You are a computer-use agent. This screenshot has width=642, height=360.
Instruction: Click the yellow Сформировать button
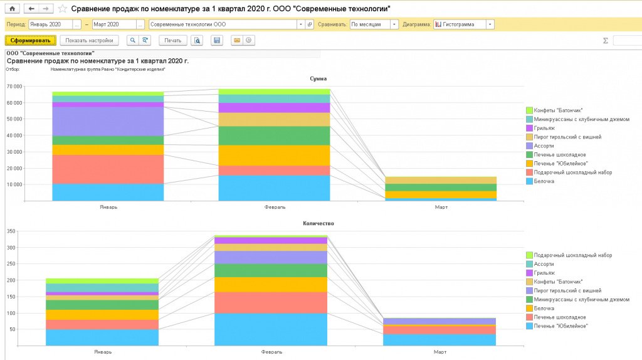click(31, 40)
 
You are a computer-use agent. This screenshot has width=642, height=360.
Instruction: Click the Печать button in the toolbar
click(173, 40)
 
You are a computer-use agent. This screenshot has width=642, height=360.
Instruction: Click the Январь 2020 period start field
click(50, 24)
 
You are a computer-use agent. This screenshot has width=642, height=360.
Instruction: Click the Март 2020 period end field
click(113, 24)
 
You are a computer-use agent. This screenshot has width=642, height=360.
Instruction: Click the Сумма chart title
click(318, 78)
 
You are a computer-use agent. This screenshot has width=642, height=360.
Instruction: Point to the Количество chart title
click(318, 223)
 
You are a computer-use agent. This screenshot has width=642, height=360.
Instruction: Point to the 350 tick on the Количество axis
click(11, 231)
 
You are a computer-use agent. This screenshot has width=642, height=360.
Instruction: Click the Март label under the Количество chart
click(440, 352)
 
